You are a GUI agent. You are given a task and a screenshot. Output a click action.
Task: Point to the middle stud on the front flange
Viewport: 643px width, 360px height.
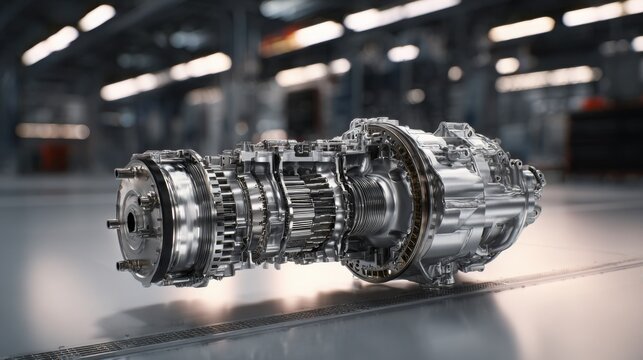[x=113, y=223]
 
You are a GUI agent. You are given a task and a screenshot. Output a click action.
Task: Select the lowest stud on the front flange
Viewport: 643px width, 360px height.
[x=124, y=265]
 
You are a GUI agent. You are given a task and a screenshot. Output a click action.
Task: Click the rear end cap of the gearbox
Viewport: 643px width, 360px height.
[x=530, y=195]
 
